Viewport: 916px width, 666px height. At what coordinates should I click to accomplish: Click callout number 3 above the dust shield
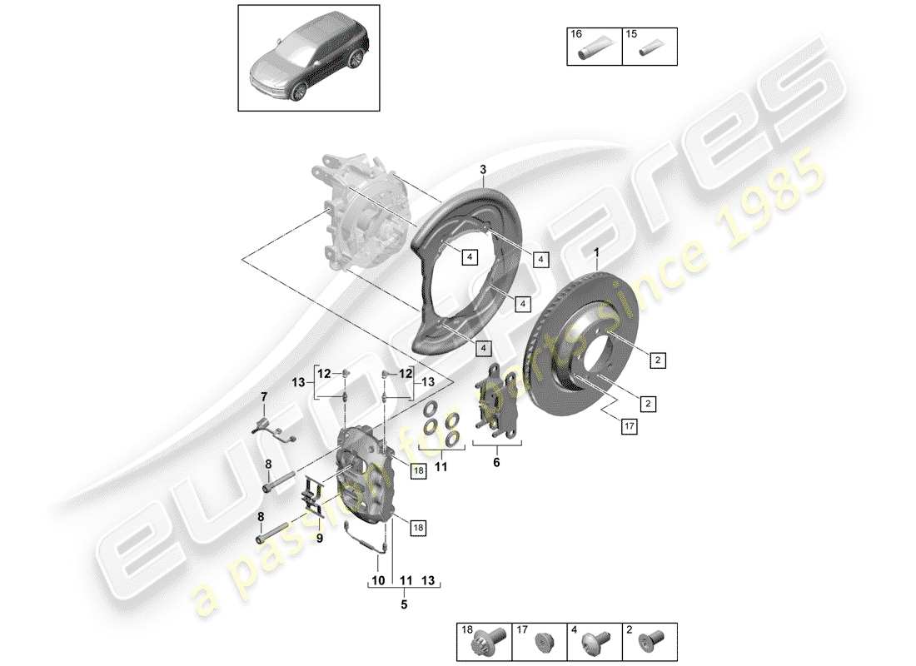pyautogui.click(x=483, y=170)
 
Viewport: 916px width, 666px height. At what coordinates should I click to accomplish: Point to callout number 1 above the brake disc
pyautogui.click(x=596, y=252)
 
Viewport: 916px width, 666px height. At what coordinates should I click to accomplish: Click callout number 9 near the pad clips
pyautogui.click(x=317, y=537)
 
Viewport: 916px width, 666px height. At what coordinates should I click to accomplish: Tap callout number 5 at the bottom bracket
pyautogui.click(x=404, y=605)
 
